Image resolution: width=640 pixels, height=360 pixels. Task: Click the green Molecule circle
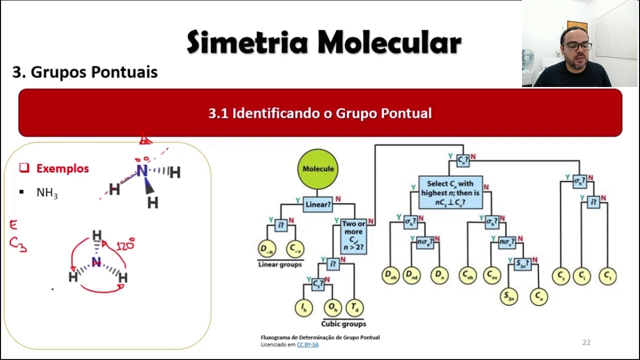[318, 169]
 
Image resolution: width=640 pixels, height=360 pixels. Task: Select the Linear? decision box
[318, 204]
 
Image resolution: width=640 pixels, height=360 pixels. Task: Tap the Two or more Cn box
[353, 236]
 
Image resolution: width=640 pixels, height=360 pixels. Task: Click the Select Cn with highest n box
[450, 192]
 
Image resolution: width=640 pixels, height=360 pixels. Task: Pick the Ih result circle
[303, 307]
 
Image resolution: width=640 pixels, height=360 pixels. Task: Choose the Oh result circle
[332, 307]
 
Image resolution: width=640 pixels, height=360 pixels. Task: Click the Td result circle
[354, 307]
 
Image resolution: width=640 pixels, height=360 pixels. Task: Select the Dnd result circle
[411, 275]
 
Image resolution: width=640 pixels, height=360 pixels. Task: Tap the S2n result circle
[509, 296]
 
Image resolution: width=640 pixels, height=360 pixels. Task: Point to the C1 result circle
[607, 275]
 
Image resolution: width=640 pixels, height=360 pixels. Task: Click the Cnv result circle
[492, 275]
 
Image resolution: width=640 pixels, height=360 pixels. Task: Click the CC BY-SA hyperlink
[307, 344]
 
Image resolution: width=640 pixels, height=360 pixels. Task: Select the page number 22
[586, 342]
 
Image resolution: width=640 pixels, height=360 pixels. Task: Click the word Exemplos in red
[62, 168]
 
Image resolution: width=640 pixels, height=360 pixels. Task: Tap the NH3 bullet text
[47, 193]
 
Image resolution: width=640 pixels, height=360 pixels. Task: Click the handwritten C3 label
[17, 244]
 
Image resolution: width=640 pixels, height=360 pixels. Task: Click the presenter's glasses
[578, 46]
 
